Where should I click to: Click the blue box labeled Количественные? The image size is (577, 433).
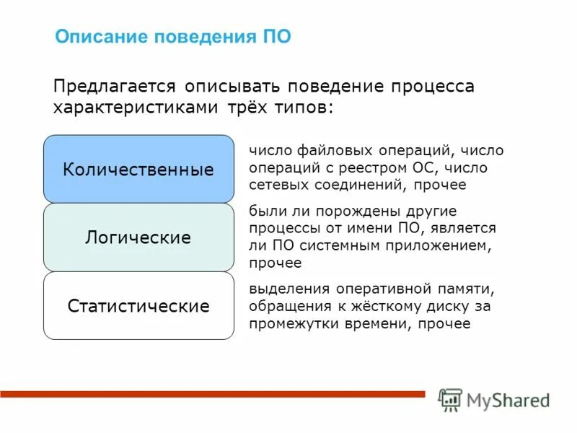point(138,170)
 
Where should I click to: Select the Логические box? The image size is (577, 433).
point(138,237)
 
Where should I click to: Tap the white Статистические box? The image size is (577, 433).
point(138,306)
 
